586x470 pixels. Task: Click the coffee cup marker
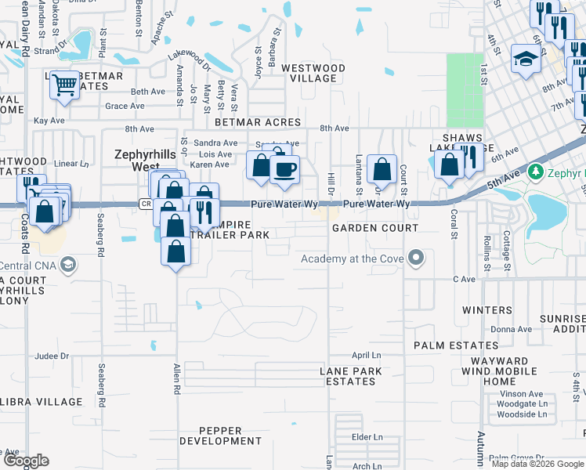285,170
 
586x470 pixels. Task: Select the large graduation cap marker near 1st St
525,59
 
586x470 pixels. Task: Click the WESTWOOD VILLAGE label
313,74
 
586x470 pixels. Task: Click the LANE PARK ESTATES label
350,376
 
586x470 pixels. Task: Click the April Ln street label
365,355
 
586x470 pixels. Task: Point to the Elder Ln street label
367,436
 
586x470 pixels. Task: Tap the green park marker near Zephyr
536,170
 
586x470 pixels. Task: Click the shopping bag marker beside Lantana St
382,168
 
